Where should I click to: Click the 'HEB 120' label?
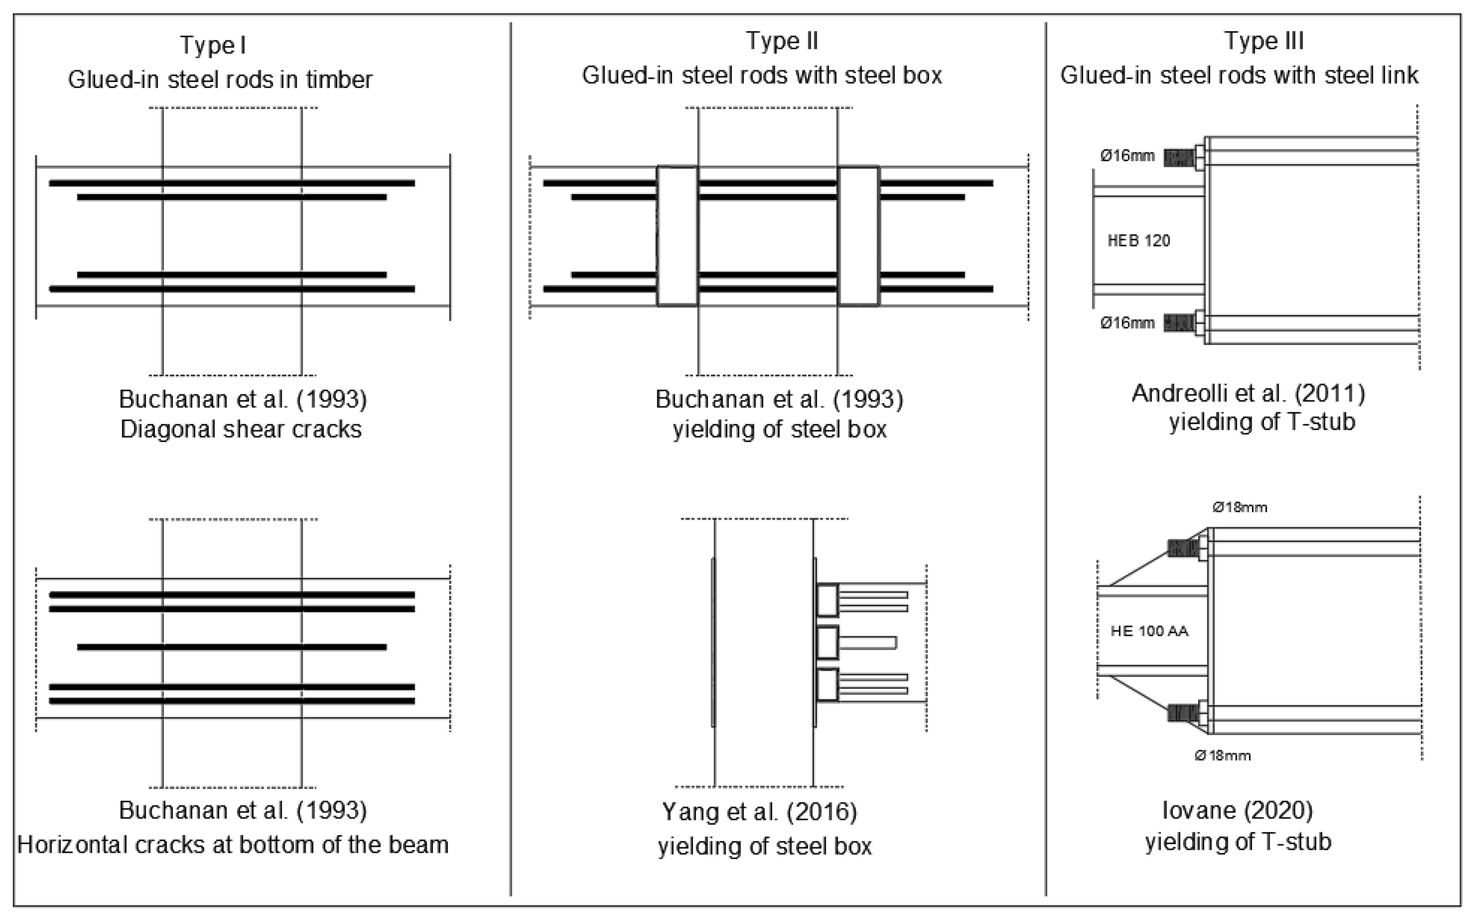(1138, 241)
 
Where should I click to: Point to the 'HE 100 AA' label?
(1149, 631)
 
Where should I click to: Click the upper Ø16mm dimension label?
(1127, 156)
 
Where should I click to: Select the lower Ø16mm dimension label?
(1127, 323)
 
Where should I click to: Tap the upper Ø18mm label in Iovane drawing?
(1240, 507)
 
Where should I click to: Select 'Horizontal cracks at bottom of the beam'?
(233, 844)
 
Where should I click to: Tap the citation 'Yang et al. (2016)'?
(759, 812)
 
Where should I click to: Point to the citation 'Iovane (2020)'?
(1237, 811)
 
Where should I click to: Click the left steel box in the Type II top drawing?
(677, 236)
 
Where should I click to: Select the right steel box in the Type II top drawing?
(858, 236)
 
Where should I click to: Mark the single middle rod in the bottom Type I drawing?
(232, 647)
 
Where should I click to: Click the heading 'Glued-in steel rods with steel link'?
(1239, 76)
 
